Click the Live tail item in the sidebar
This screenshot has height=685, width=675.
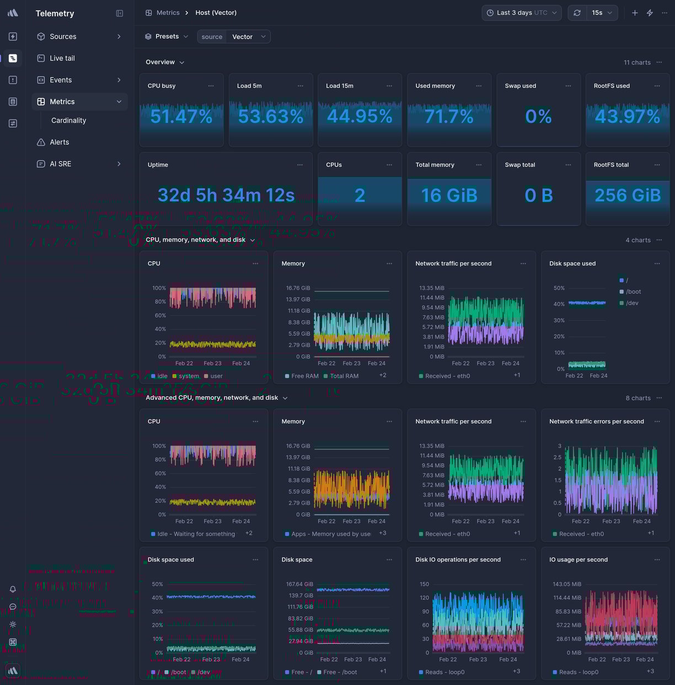62,58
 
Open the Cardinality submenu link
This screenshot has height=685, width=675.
68,120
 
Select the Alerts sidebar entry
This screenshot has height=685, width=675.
59,142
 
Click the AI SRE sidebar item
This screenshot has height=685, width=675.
60,164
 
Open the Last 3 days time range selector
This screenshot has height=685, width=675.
522,13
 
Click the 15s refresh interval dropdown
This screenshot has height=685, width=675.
602,13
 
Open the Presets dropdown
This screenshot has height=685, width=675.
167,36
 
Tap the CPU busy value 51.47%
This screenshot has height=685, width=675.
181,116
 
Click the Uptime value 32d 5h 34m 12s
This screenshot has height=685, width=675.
226,195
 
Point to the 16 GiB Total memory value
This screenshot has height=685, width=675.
449,195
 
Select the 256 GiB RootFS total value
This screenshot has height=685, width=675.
628,195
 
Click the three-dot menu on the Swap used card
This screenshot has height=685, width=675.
568,86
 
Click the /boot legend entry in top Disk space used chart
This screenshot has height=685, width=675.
633,292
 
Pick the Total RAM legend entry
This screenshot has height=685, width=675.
344,376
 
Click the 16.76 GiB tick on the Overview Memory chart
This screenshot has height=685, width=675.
298,288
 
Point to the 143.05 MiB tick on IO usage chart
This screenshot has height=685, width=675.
567,584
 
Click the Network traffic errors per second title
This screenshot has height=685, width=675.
596,422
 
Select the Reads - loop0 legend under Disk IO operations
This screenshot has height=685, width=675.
444,672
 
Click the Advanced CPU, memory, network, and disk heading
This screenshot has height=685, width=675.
212,398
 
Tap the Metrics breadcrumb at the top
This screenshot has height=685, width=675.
168,13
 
